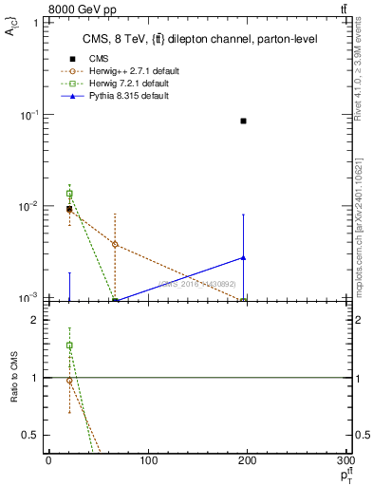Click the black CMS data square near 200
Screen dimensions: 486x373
(244, 121)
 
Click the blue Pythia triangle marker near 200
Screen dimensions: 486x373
(244, 257)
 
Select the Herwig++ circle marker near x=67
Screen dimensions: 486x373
(114, 244)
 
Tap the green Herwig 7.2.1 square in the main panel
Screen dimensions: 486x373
(69, 194)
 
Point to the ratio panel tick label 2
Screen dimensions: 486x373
(34, 320)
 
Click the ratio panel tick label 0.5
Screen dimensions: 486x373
(30, 435)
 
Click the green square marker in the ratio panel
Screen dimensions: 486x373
(69, 346)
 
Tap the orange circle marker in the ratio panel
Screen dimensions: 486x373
(69, 380)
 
